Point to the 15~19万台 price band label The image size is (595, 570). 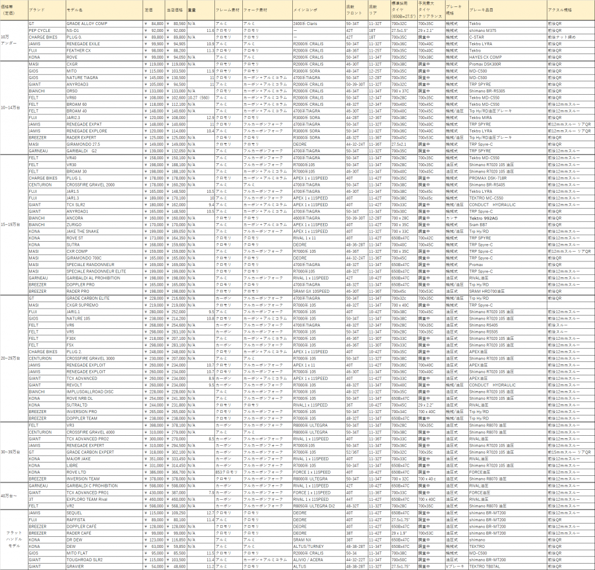coord(13,224)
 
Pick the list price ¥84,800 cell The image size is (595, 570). coord(153,23)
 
